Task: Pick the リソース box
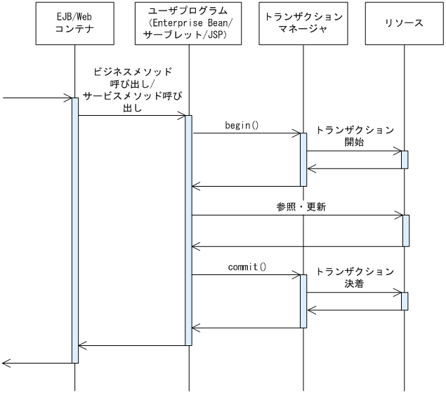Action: click(x=405, y=24)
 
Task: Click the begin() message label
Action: click(x=242, y=126)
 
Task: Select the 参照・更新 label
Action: click(x=301, y=208)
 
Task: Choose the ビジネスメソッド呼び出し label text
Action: click(x=132, y=91)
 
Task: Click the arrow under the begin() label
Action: click(x=246, y=133)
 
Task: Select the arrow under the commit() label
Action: click(x=246, y=275)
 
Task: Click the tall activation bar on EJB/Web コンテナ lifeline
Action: click(x=74, y=232)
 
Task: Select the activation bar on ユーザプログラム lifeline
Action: click(x=189, y=230)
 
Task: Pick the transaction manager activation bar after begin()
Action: click(x=303, y=159)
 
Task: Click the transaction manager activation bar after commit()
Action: click(x=303, y=301)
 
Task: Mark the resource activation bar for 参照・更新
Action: click(x=405, y=230)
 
